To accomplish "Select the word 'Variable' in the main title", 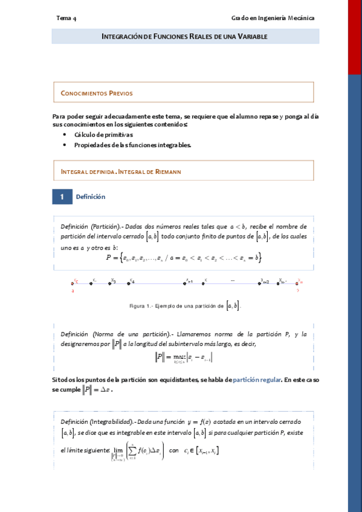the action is coord(252,37).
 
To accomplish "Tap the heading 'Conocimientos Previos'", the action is coord(97,94).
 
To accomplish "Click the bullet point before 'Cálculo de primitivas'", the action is coord(65,135).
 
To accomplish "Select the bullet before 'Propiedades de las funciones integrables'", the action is coord(65,145).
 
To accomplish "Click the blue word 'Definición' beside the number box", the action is coord(91,197).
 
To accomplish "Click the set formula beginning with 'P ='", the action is coord(183,258).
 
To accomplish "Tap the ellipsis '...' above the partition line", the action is coord(233,280).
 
